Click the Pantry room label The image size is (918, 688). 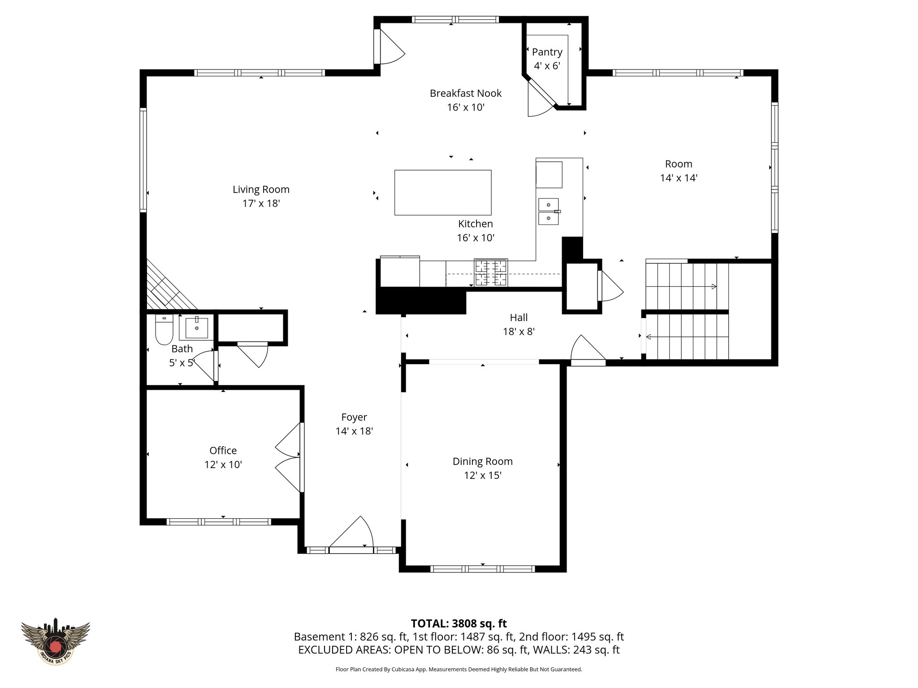click(547, 52)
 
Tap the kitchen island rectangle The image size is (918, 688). click(442, 193)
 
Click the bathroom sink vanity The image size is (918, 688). click(196, 327)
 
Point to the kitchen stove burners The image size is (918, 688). click(491, 272)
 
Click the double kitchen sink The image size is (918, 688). click(548, 211)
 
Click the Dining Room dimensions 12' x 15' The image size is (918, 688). click(482, 475)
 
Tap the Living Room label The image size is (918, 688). click(261, 189)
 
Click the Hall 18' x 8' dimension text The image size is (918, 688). click(519, 331)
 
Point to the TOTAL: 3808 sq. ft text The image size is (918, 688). click(459, 623)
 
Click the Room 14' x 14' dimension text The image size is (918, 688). click(678, 178)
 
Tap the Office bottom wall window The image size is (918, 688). click(219, 522)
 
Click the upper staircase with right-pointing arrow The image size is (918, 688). click(686, 286)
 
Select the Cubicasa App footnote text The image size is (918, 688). click(459, 670)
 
